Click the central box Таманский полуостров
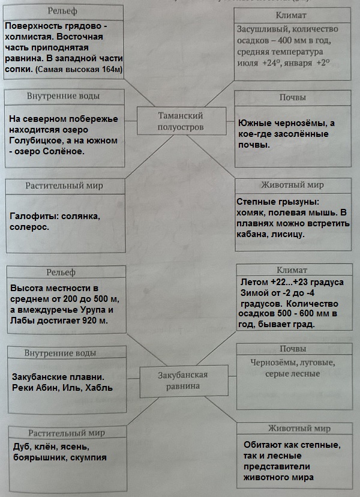pyautogui.click(x=180, y=121)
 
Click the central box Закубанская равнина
pyautogui.click(x=182, y=380)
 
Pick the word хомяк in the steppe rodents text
pyautogui.click(x=254, y=213)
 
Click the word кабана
pyautogui.click(x=254, y=235)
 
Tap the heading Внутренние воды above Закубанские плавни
pyautogui.click(x=61, y=353)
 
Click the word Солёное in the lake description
pyautogui.click(x=66, y=151)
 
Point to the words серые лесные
pyautogui.click(x=292, y=374)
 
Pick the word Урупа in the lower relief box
pyautogui.click(x=98, y=309)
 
